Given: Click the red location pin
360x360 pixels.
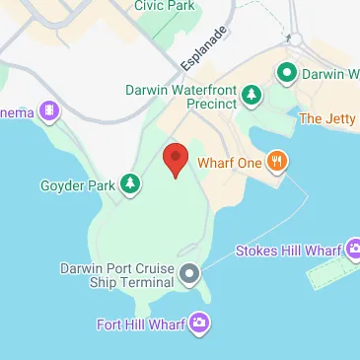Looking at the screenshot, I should point(175,159).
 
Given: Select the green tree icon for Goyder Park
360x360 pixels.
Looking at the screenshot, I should point(129,183).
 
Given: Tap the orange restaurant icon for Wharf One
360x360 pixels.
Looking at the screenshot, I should point(277,162).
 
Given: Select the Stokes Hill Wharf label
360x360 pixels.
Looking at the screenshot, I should point(286,250).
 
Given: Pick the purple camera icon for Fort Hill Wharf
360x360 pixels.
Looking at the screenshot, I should point(200,323).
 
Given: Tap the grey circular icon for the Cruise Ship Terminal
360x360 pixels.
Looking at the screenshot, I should point(189,272).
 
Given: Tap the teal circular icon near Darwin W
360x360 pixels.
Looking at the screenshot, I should point(287,72).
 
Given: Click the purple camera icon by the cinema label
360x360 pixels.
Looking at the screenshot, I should point(47,111).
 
